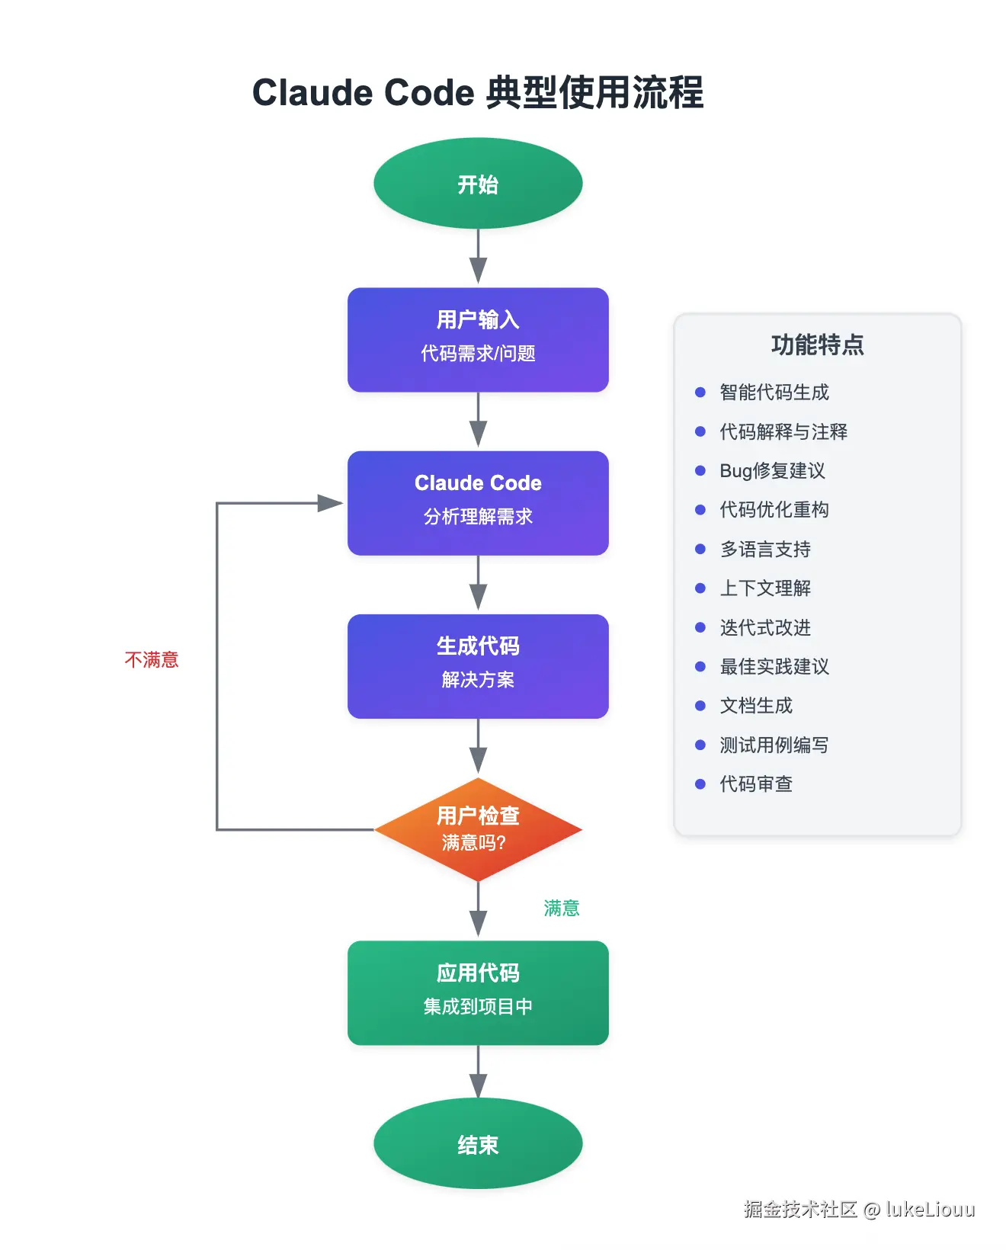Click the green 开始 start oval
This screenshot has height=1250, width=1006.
tap(478, 184)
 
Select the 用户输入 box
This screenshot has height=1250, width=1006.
tap(478, 340)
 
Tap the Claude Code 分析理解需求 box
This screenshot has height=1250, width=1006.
tap(478, 503)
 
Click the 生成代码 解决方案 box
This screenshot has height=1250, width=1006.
tap(478, 666)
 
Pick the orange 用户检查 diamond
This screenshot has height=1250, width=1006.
tap(478, 829)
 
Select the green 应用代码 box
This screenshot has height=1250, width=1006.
tap(478, 992)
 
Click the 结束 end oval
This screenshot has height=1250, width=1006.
tap(478, 1143)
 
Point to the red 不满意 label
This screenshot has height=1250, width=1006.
tap(152, 659)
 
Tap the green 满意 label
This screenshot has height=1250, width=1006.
tap(562, 908)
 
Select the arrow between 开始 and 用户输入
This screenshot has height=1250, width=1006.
tap(478, 258)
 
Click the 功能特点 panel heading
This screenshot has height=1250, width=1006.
tap(817, 345)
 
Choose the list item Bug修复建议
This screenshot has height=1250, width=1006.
tap(772, 470)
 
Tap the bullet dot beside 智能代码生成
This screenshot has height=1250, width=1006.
tap(700, 393)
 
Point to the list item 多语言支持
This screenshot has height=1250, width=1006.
tap(765, 549)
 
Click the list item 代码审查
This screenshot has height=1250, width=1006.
tap(756, 784)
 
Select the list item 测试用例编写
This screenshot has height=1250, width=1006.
tap(774, 745)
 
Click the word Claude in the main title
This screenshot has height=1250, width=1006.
tap(312, 93)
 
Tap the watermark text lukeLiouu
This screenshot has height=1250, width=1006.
tap(930, 1209)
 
